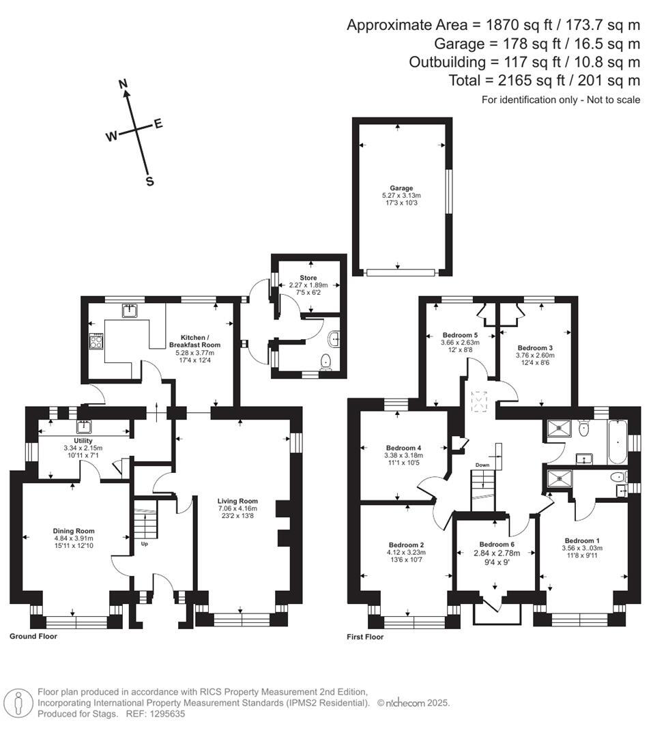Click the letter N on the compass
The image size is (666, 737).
(x=124, y=84)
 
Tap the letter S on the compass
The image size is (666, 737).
(x=149, y=182)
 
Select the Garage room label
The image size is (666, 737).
(x=401, y=188)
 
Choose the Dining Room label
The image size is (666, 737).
(x=74, y=530)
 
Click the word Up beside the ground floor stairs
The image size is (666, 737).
(x=144, y=544)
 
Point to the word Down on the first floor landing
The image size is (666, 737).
(x=482, y=465)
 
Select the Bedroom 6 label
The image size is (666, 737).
(x=497, y=544)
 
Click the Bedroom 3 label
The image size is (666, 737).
(x=536, y=347)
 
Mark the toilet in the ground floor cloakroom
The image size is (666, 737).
(x=326, y=362)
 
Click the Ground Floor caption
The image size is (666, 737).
(x=33, y=636)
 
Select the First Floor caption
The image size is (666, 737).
(x=366, y=637)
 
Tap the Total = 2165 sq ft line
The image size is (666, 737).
(x=544, y=81)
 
